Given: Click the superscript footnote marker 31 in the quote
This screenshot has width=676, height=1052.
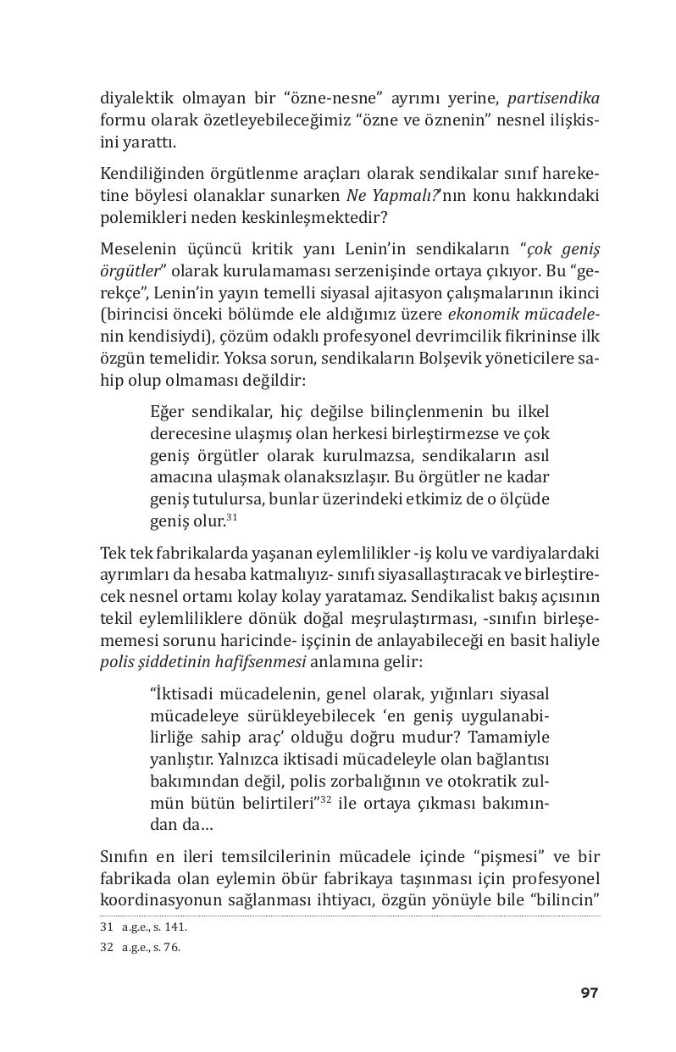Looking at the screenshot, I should pyautogui.click(x=231, y=515).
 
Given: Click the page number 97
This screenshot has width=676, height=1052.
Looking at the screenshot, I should pyautogui.click(x=590, y=993).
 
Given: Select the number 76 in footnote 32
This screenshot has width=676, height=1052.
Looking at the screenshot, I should pyautogui.click(x=175, y=948).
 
